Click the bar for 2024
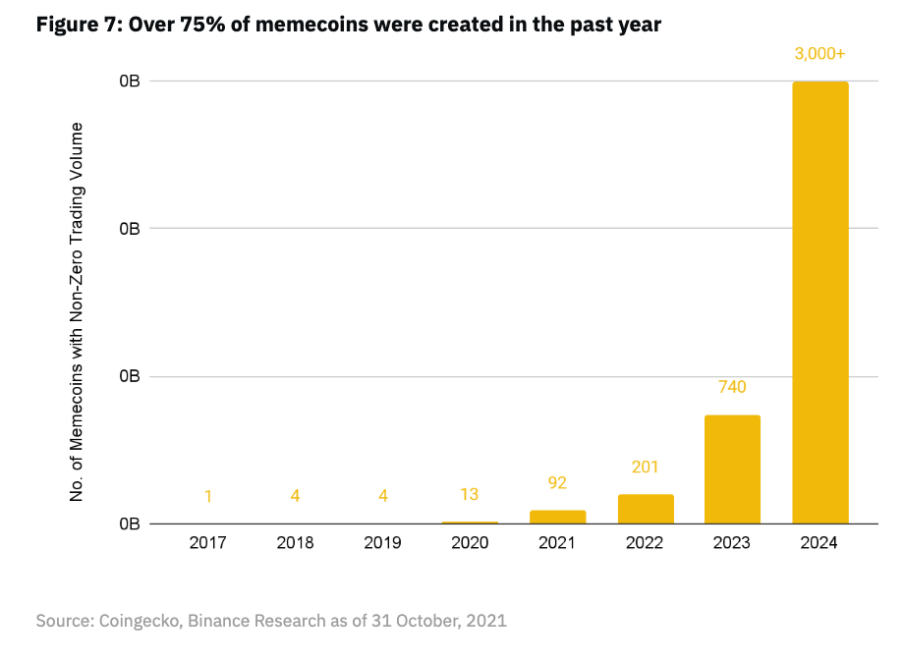coord(819,303)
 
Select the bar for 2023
coord(732,469)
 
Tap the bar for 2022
coord(646,509)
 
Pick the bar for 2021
coord(557,517)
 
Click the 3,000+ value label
coord(819,54)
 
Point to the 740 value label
coord(732,387)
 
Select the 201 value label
coord(646,467)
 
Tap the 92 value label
coord(557,482)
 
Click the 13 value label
coord(470,494)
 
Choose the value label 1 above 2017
coord(208,496)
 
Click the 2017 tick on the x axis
coord(208,543)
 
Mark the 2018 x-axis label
coord(295,543)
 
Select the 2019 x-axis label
coord(382,543)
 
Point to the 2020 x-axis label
coord(470,543)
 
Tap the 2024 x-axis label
coord(819,543)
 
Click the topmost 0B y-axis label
coord(129,82)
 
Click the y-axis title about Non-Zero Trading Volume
coord(76,312)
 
